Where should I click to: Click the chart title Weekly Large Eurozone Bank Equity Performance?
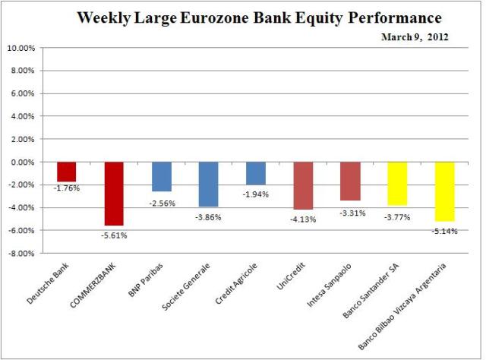(259, 18)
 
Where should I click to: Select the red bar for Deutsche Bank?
(67, 172)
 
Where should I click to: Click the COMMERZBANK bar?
(114, 194)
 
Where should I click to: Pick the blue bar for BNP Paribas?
(161, 176)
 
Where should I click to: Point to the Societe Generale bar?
(208, 184)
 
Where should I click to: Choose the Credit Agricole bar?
(255, 173)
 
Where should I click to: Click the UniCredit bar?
(303, 185)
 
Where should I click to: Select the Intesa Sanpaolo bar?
(350, 181)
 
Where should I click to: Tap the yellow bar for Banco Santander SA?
(397, 183)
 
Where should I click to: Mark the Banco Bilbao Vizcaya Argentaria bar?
(444, 191)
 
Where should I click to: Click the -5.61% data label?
(114, 235)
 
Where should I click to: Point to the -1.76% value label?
(67, 188)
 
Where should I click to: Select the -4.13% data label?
(303, 218)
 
